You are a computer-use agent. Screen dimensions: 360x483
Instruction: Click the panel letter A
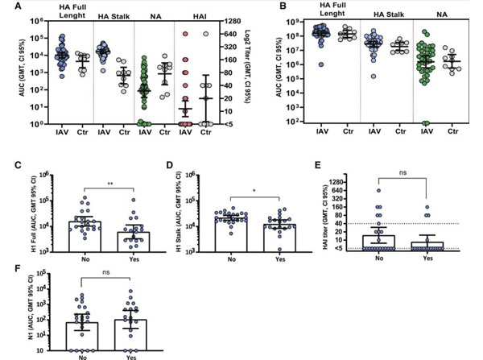[7, 5]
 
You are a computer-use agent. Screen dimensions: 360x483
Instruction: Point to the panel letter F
[7, 263]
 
